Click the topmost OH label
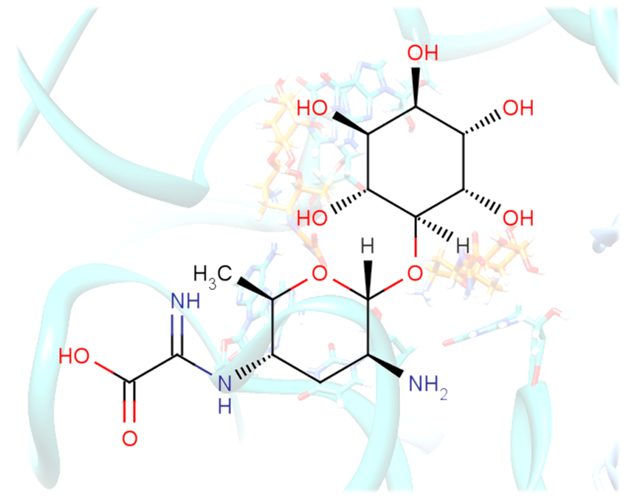point(423,53)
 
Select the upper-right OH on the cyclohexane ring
point(517,108)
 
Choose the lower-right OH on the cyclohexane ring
point(517,218)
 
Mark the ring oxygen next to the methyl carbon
point(319,275)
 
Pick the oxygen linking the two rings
point(415,274)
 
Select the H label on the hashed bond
point(462,245)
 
